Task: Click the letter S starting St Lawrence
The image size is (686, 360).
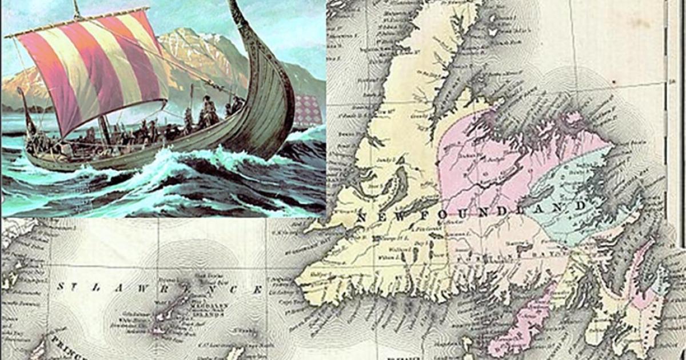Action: [61, 286]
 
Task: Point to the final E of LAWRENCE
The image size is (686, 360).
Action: [257, 290]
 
